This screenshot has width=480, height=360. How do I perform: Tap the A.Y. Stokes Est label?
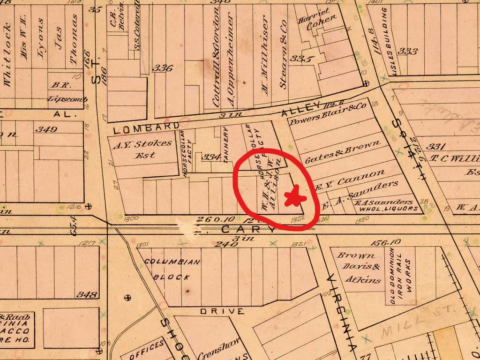(x=142, y=149)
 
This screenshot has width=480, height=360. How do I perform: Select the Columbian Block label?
(x=172, y=269)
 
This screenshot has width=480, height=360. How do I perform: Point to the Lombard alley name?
(x=145, y=127)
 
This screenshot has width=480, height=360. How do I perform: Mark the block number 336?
(x=162, y=68)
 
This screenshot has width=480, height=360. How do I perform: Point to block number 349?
(x=46, y=129)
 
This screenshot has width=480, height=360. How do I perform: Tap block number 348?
(x=87, y=294)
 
